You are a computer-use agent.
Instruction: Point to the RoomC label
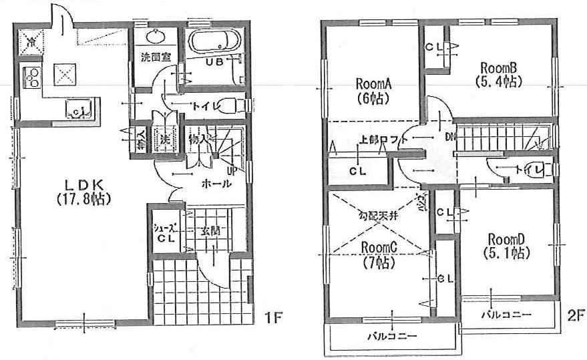point(379,254)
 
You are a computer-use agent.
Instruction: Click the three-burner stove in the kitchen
point(31,77)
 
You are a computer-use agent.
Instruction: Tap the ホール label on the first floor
point(218,184)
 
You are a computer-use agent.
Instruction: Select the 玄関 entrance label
point(212,232)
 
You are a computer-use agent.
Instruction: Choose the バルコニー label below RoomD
point(508,313)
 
